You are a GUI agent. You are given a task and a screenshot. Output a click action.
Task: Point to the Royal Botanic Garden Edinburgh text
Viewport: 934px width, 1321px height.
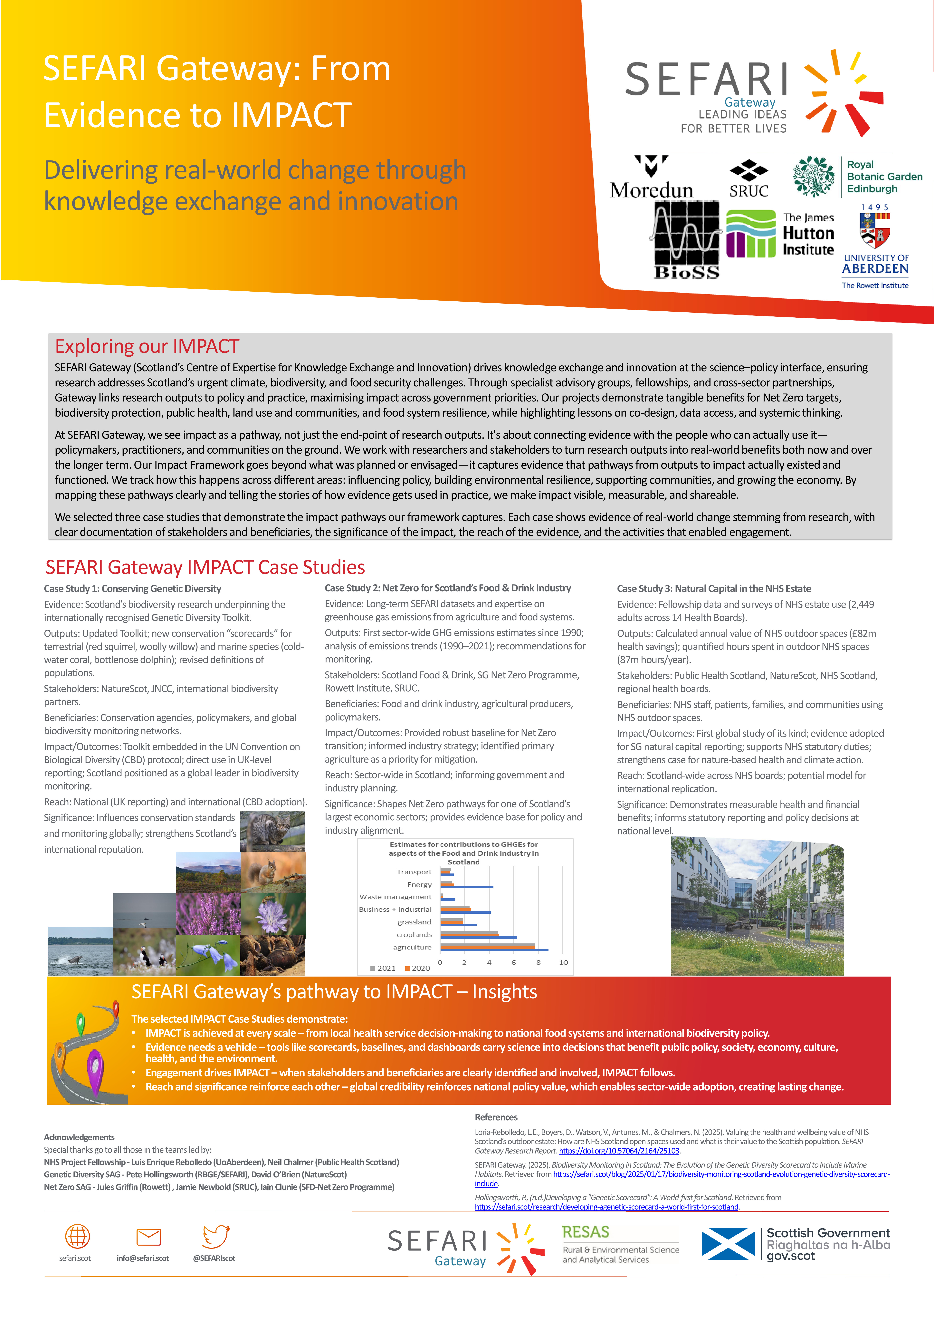(884, 177)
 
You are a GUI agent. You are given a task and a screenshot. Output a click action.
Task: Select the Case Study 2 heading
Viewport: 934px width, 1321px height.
(447, 588)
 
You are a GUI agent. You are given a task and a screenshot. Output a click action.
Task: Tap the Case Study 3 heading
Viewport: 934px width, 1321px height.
(714, 589)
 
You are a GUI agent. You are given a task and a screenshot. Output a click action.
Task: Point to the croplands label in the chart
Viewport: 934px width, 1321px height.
(414, 935)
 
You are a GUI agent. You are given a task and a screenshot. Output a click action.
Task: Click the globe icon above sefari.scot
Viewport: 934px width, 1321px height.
(77, 1236)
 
